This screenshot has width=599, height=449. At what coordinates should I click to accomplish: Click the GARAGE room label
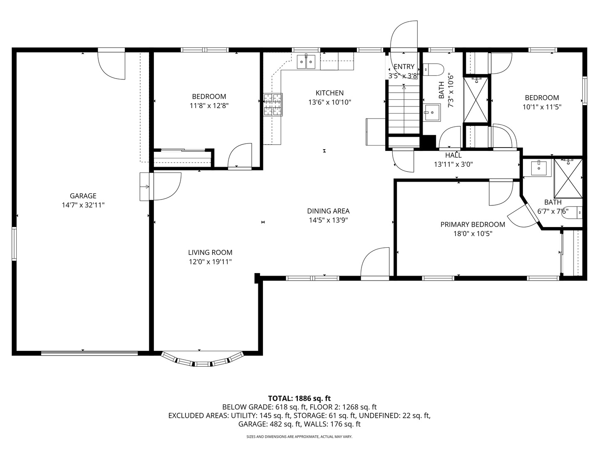coord(83,196)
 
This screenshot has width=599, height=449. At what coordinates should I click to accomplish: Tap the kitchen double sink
coord(307,62)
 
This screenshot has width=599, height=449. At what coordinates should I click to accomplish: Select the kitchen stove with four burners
coord(273,104)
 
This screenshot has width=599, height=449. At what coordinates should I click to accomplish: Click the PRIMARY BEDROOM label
coord(473,224)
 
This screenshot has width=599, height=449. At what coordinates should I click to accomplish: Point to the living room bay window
coord(202,360)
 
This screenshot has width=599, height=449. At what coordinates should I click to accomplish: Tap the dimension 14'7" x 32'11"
coord(83,205)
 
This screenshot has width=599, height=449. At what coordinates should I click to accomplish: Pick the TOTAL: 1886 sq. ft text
coord(299,398)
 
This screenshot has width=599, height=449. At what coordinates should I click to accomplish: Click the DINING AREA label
coord(328,211)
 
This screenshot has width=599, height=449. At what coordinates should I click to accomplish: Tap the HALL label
coord(453,155)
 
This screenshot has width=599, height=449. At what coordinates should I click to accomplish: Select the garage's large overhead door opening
coord(89,353)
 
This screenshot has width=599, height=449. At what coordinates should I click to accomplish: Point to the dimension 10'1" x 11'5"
coord(542,107)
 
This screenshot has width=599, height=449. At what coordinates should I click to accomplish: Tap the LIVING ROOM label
coord(210,252)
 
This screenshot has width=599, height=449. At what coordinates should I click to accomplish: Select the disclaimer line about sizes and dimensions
coord(299,437)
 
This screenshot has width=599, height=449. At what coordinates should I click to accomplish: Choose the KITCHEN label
coord(329,93)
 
